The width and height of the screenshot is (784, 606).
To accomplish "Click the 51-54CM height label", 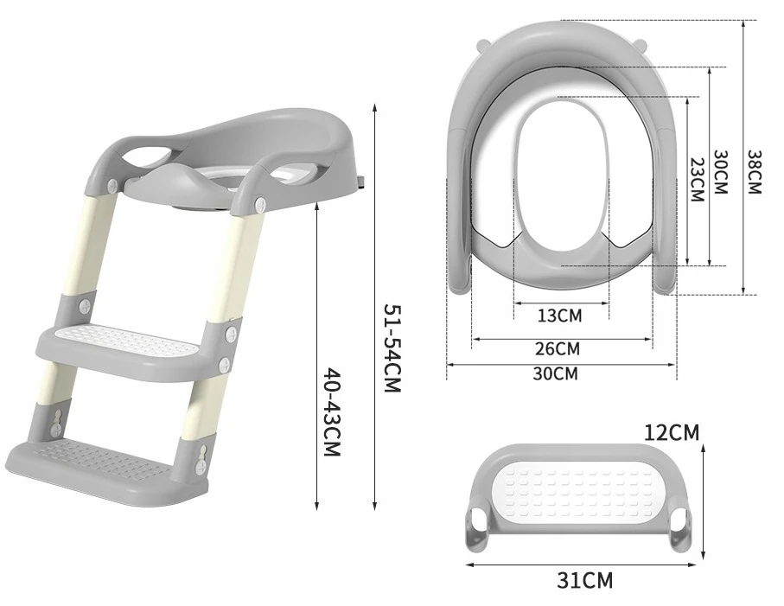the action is coord(392,348).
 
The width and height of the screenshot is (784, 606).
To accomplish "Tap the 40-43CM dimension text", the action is coord(332,412).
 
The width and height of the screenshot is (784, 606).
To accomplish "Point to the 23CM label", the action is coord(697,180).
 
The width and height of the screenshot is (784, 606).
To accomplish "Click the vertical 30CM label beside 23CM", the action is coord(720,172).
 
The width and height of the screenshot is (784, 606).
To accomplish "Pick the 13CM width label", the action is coord(560,316).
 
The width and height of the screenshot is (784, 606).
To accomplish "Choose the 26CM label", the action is coord(558,348).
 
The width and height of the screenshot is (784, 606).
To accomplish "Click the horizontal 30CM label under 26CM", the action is coord(555,373).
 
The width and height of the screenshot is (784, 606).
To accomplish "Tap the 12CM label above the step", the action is coord(672,432).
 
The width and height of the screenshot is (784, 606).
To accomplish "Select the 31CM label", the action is coord(584,581).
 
